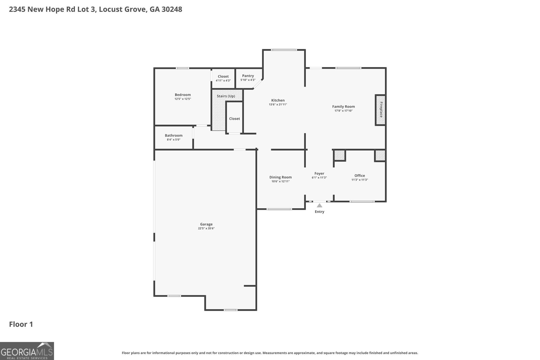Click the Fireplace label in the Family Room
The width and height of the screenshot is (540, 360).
pos(381,110)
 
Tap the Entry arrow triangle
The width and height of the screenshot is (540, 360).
pos(319,205)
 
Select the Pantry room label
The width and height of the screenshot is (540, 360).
pos(248,76)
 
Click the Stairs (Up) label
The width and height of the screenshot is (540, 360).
pos(226,96)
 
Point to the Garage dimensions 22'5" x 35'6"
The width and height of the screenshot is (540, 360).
pos(206,228)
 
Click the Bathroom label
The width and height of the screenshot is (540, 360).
pos(173,135)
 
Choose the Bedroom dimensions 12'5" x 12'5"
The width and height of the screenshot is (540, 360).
pos(183,99)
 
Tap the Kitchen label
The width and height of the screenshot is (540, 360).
pos(278,100)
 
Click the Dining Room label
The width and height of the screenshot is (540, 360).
pos(280,177)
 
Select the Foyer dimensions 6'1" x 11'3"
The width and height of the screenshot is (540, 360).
pos(319,177)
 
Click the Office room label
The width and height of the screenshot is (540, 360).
pos(359,175)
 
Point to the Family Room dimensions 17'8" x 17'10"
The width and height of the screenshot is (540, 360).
pos(343,111)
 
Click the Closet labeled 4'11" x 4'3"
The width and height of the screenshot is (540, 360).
pos(223,77)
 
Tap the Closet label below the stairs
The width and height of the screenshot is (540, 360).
pos(234,118)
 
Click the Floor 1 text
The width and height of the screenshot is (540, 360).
pos(21,324)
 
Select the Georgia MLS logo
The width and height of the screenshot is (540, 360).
pos(27,351)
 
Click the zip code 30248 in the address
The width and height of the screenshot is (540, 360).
pos(171,9)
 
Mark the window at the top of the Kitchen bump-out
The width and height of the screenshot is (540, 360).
pos(284,50)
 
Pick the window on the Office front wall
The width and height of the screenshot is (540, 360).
pos(362,201)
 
